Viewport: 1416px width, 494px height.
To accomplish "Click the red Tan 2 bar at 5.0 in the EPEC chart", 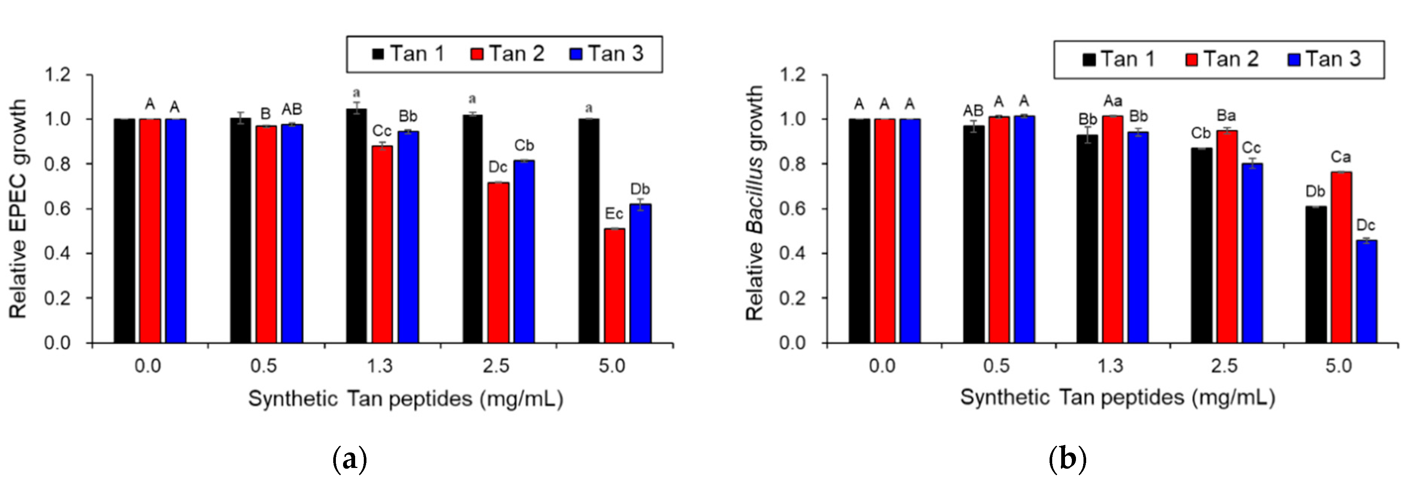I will click(x=614, y=286).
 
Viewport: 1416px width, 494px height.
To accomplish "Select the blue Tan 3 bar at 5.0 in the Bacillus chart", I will click(x=1367, y=292).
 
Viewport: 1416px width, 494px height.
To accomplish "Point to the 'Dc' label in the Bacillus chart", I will click(x=1366, y=225).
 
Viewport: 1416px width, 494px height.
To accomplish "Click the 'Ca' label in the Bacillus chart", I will click(x=1341, y=157).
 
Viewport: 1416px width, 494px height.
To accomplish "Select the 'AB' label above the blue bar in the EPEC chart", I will click(x=292, y=110).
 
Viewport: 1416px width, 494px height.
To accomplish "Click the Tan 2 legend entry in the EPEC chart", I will click(x=507, y=54).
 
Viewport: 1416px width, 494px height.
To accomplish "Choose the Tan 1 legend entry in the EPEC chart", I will click(x=408, y=54).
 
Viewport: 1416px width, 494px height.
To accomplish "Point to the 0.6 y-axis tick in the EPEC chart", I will click(x=58, y=209).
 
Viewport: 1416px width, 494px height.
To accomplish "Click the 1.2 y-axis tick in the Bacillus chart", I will click(x=793, y=74).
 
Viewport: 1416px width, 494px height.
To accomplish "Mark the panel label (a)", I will click(x=349, y=460).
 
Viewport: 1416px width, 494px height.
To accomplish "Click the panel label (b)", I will click(x=1067, y=460).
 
